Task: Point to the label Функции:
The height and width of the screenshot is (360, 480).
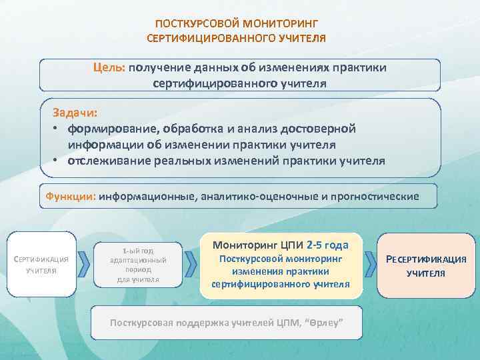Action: point(71,197)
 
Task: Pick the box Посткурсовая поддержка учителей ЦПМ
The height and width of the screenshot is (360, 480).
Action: point(226,323)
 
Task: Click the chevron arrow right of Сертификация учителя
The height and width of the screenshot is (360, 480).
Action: point(84,265)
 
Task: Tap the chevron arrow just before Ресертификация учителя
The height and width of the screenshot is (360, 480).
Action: point(369,265)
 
